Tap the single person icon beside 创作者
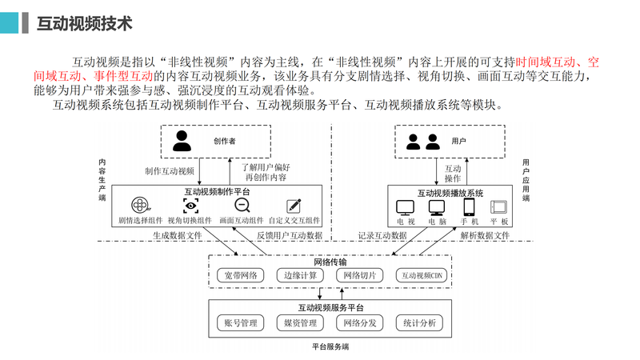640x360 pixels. [x=182, y=141]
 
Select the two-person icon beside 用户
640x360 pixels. [x=423, y=142]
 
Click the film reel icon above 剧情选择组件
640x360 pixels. [x=141, y=206]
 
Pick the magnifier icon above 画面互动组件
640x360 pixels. [x=241, y=206]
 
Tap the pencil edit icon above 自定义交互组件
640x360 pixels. [x=294, y=206]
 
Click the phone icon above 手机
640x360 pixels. [x=469, y=206]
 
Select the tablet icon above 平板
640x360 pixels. [x=500, y=206]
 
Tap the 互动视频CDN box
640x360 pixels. [x=421, y=275]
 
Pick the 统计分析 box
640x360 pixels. [x=420, y=323]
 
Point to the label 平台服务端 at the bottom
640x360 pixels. [x=330, y=347]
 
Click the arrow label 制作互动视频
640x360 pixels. [x=170, y=171]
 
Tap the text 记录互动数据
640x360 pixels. [x=382, y=235]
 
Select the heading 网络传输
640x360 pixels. [x=330, y=262]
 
